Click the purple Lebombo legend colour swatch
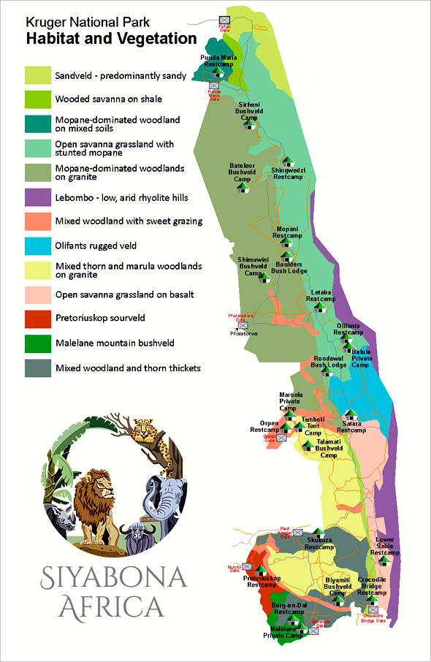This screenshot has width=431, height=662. pos(37,197)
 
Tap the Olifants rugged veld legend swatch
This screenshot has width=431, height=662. pos(37,246)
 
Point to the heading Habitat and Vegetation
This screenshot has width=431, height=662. pos(111,38)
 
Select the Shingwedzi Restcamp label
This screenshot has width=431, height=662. pos(287,173)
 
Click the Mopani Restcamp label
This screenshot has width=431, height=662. pos(286,232)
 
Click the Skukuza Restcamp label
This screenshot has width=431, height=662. pos(319,543)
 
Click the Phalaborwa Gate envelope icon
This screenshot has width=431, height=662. pos(243,325)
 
